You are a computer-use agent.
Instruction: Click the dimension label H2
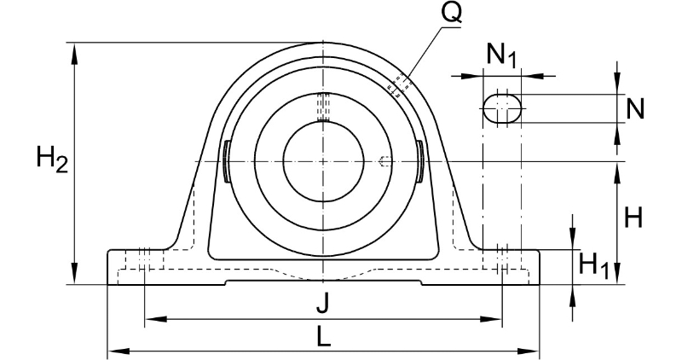pos(52,160)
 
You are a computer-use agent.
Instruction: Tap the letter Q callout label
pos(451,12)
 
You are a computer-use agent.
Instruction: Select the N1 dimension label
pos(501,55)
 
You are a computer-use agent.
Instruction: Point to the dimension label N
pos(634,108)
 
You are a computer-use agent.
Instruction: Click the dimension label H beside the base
pos(633,218)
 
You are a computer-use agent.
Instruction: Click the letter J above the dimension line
pos(322,303)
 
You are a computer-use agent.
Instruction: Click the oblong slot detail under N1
pos(502,108)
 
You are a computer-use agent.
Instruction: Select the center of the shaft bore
pos(323,161)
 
